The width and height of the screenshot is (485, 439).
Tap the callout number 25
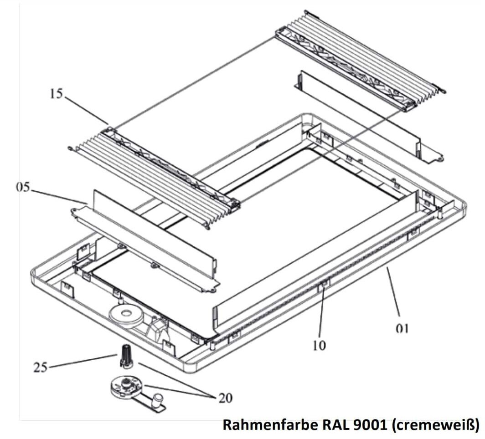(x=41, y=367)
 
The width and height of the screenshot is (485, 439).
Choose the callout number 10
(x=320, y=345)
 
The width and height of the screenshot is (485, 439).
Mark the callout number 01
(x=402, y=329)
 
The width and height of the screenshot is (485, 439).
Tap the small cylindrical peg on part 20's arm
(x=158, y=399)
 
